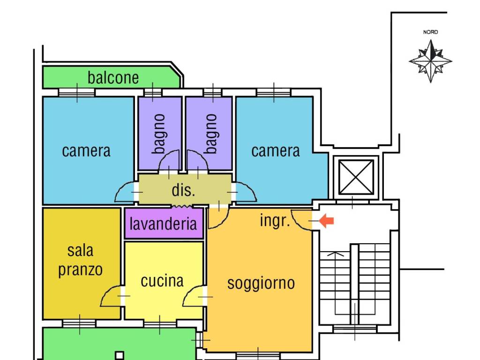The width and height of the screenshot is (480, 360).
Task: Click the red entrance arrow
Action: [x=326, y=221]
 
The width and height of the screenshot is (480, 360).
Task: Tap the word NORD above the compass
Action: [x=430, y=32]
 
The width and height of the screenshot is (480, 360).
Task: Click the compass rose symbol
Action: [x=430, y=61]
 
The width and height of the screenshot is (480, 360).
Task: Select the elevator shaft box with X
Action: [x=356, y=177]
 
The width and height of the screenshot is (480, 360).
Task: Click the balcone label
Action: [x=113, y=77]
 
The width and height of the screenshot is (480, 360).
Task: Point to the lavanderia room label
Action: [x=164, y=223]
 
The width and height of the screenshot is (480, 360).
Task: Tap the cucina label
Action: [x=162, y=281]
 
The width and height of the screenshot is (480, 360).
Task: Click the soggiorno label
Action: [x=261, y=283]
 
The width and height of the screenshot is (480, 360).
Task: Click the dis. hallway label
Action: [x=183, y=190]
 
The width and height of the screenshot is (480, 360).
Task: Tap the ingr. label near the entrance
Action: [x=275, y=220]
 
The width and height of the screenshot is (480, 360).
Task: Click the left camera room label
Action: [x=86, y=151]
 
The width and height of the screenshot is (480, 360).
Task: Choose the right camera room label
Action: [x=276, y=151]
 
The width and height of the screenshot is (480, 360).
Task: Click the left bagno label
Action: [x=159, y=134]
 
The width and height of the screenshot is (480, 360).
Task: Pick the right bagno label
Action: [x=211, y=134]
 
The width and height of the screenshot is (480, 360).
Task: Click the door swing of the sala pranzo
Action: [x=111, y=298]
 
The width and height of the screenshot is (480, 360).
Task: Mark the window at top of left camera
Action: [x=76, y=93]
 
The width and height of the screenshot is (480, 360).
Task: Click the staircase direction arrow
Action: [x=335, y=255]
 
